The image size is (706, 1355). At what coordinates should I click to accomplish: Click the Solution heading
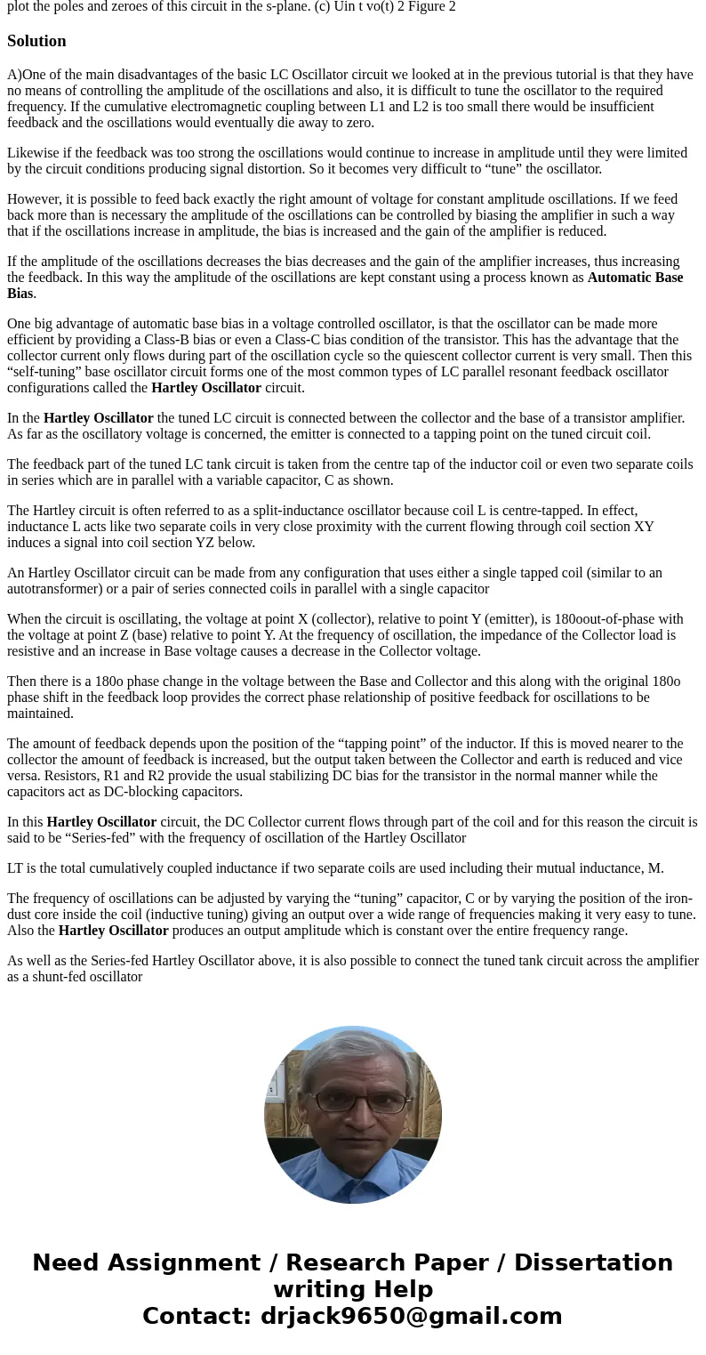click(36, 41)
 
